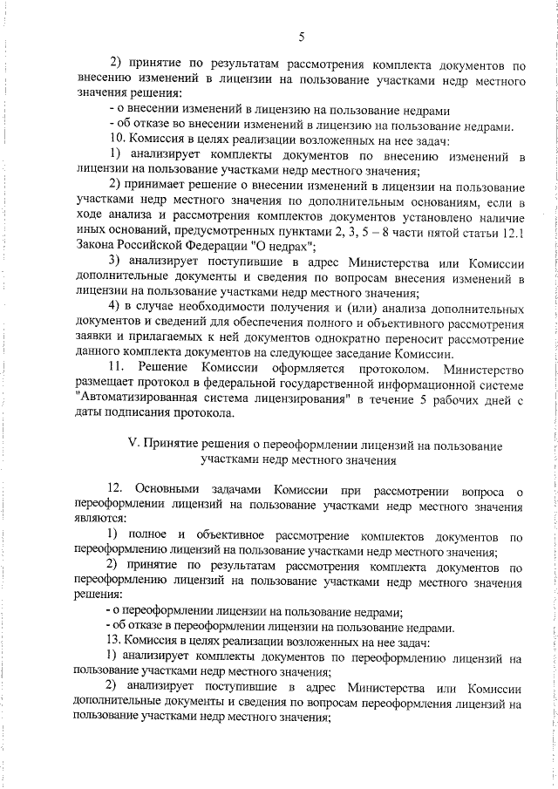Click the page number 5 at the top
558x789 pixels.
(301, 37)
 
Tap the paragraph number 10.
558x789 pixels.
(116, 139)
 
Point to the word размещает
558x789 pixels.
(105, 384)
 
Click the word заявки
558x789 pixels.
(93, 339)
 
